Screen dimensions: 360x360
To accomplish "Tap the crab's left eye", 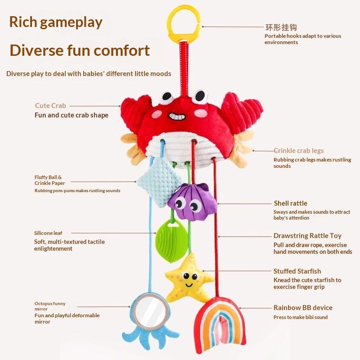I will point(167,96).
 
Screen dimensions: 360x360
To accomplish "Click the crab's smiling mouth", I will point(176,117).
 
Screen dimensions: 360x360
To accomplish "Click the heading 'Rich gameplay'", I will point(56,22).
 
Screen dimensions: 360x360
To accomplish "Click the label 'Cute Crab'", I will point(50,106).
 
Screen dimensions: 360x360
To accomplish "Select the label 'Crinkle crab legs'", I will point(298,151).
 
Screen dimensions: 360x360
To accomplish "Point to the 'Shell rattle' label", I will point(290,203).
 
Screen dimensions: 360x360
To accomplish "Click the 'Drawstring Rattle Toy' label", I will point(307,236).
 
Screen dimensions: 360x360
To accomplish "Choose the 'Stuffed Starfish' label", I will point(297,271).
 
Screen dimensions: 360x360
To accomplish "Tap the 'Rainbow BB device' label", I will point(303,308).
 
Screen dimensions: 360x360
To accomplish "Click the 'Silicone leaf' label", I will point(48,233).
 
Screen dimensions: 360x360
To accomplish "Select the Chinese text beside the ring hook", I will point(281,27).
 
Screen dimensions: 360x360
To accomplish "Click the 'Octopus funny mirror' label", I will point(50,306).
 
